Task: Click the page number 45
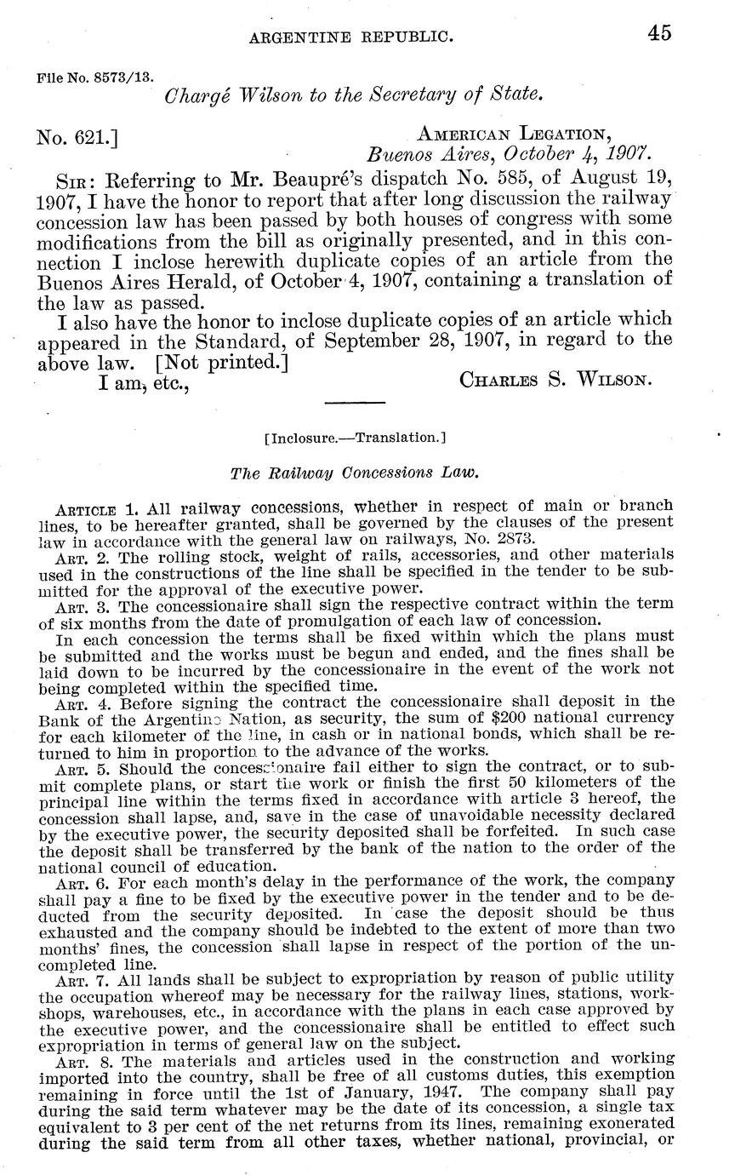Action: coord(658,33)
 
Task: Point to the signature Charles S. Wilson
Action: coord(555,380)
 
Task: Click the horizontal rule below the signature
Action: coord(356,400)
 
